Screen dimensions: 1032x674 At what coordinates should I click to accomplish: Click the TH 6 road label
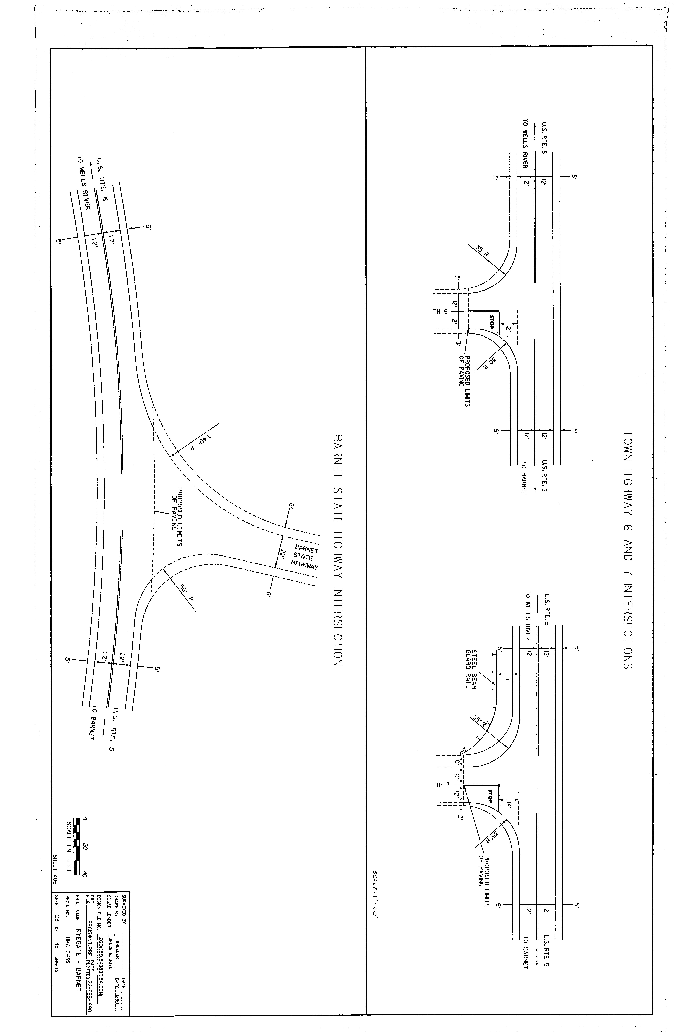coord(440,311)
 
